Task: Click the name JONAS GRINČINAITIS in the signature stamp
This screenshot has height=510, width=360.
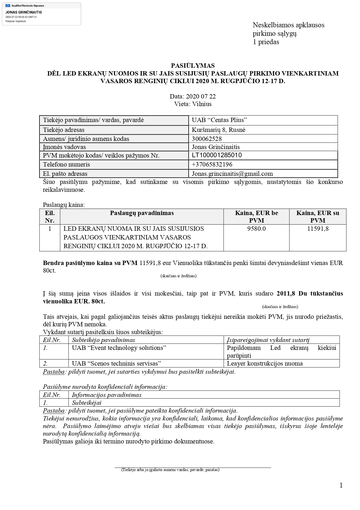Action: [24, 12]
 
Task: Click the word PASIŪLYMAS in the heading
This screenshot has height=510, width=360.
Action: [193, 66]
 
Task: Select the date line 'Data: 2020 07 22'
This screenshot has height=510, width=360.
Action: [193, 96]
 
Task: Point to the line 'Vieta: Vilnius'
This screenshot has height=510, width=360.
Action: [193, 104]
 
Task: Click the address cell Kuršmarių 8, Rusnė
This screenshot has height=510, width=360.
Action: [218, 130]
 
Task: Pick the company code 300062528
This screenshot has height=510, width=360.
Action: [207, 139]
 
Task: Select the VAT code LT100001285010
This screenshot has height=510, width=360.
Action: [217, 155]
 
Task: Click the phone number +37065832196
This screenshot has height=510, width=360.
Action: [212, 164]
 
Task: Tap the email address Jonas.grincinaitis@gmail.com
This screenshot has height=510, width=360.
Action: [232, 174]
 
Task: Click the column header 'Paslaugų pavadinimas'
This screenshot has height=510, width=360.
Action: [142, 213]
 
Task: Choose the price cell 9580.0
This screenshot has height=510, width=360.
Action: [256, 229]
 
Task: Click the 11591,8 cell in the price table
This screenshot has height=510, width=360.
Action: [318, 229]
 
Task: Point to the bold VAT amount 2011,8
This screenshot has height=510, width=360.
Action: [286, 294]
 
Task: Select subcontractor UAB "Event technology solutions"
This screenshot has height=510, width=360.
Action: [119, 348]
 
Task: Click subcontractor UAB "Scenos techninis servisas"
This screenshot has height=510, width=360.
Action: [116, 364]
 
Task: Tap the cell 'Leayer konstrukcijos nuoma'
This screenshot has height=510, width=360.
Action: [264, 364]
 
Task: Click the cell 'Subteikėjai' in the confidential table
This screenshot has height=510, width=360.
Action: [87, 403]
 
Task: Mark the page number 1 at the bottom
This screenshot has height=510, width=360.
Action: [341, 485]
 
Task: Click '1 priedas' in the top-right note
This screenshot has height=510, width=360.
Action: [266, 42]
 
